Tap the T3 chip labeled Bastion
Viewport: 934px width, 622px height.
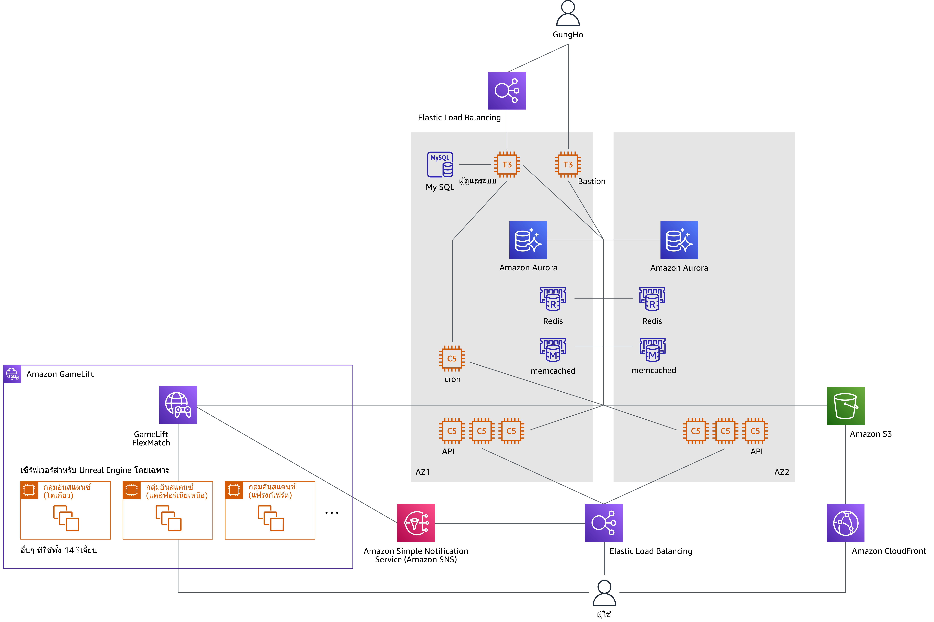tap(568, 164)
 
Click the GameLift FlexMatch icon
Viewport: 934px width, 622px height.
tap(178, 405)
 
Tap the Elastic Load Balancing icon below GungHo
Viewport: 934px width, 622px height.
tap(507, 90)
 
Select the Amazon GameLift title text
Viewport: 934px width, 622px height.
tap(60, 374)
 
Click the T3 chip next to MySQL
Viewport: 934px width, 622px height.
tap(507, 164)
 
